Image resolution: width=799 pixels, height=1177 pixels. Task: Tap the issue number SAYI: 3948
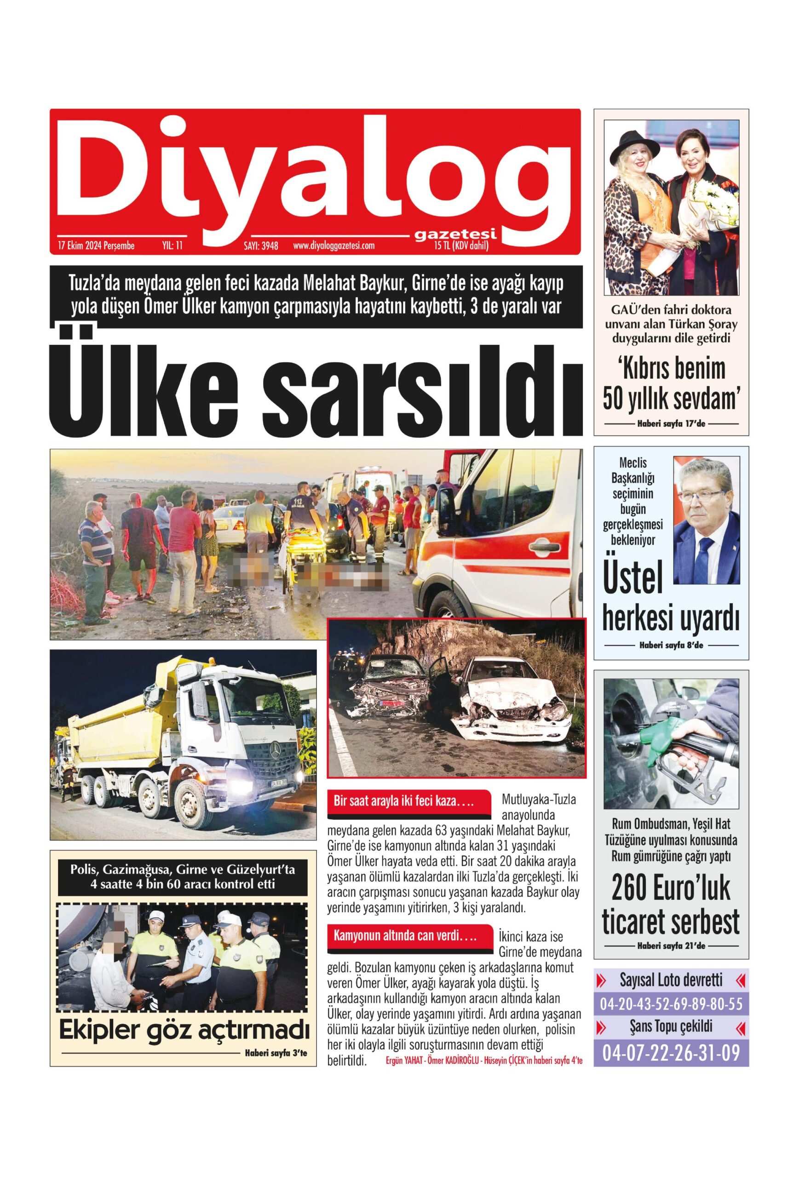261,246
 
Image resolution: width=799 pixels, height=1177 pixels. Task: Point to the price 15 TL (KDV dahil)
460,246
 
